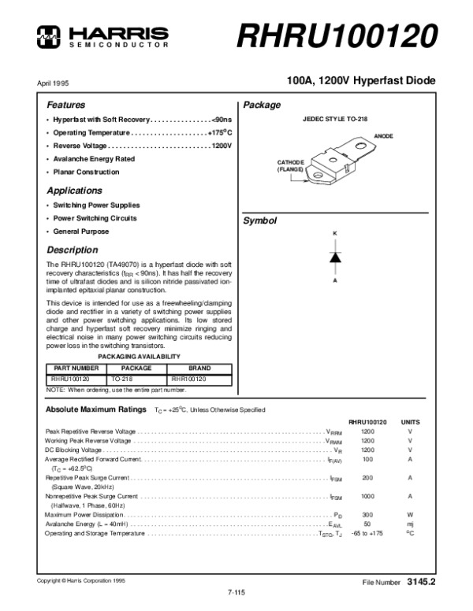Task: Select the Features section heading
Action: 65,105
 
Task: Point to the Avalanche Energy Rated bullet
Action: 94,158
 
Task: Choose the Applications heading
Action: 74,191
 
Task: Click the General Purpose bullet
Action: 80,231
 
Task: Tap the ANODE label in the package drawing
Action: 384,136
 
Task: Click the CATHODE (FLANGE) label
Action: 290,165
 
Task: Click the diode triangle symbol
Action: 334,257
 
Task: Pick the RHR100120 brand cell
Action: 188,379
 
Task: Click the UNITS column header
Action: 411,422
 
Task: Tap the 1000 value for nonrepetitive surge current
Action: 368,496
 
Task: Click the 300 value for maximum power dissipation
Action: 367,514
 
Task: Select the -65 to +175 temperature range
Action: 367,533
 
